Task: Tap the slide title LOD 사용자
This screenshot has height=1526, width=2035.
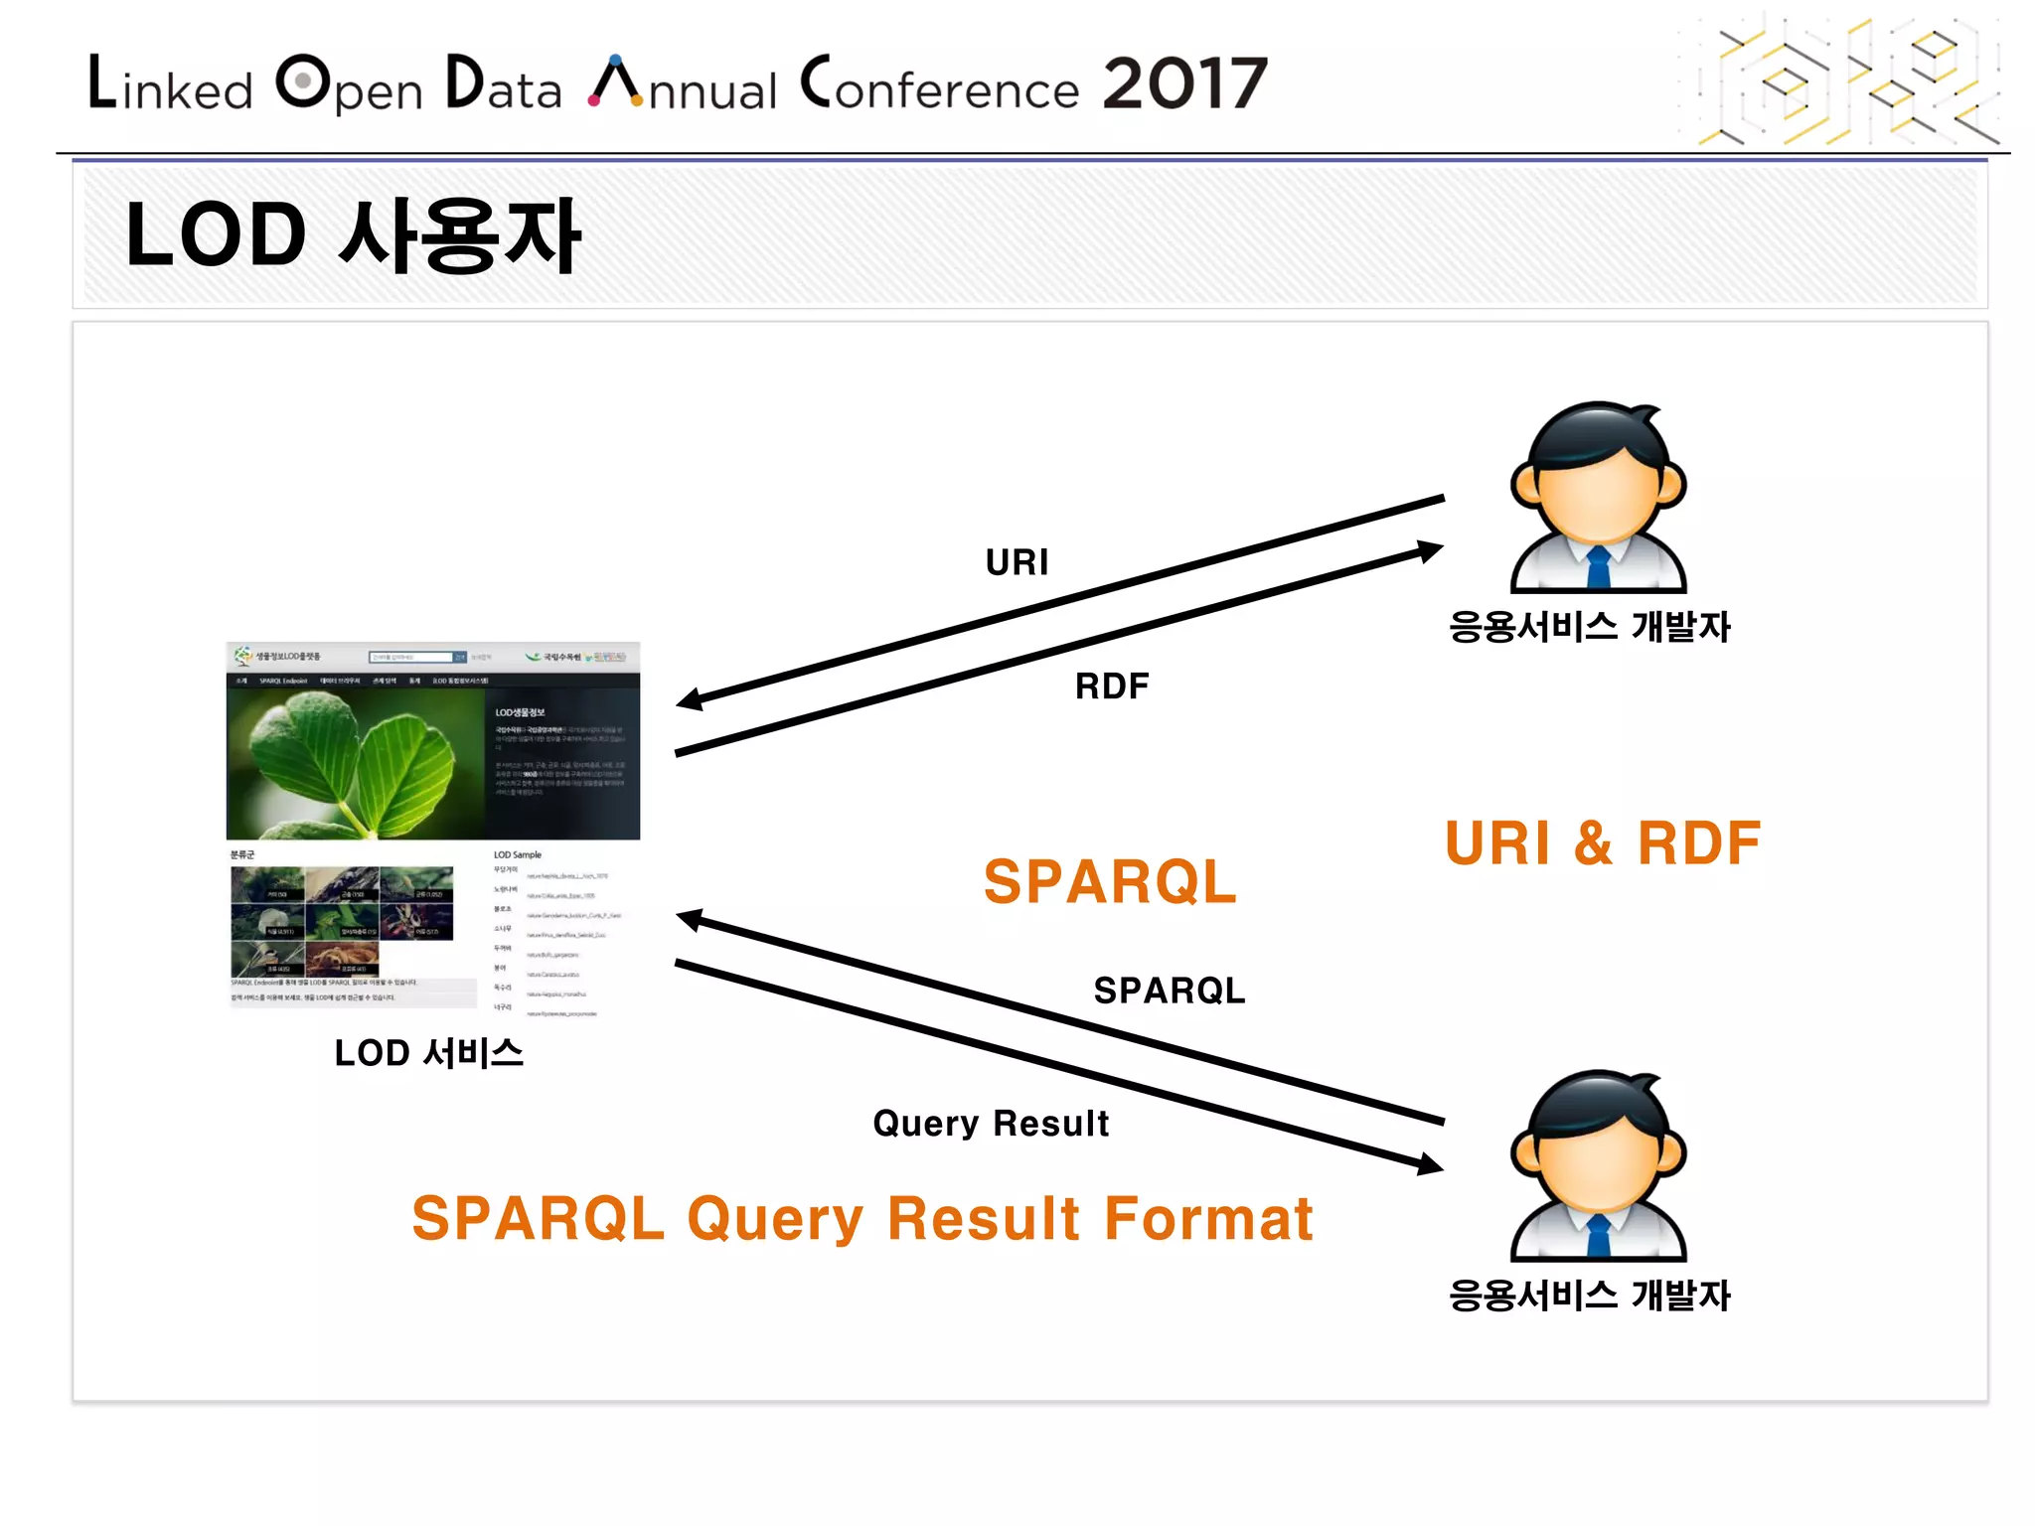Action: pos(353,235)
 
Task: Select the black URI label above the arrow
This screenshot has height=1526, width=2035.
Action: pos(1016,562)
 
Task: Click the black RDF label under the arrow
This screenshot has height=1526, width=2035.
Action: pos(1111,686)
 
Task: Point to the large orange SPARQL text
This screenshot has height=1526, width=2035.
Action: pos(1109,881)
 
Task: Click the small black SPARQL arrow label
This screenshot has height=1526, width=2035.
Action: pos(1169,991)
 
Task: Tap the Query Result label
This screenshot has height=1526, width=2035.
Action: pos(991,1123)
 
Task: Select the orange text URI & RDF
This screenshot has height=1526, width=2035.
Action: pos(1602,843)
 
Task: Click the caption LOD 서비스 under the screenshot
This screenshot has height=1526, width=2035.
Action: pos(428,1053)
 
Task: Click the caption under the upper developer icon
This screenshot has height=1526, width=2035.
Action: pos(1589,626)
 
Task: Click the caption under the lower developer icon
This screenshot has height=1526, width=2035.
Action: pos(1589,1295)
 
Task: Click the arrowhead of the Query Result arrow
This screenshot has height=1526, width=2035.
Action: pos(1431,1164)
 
